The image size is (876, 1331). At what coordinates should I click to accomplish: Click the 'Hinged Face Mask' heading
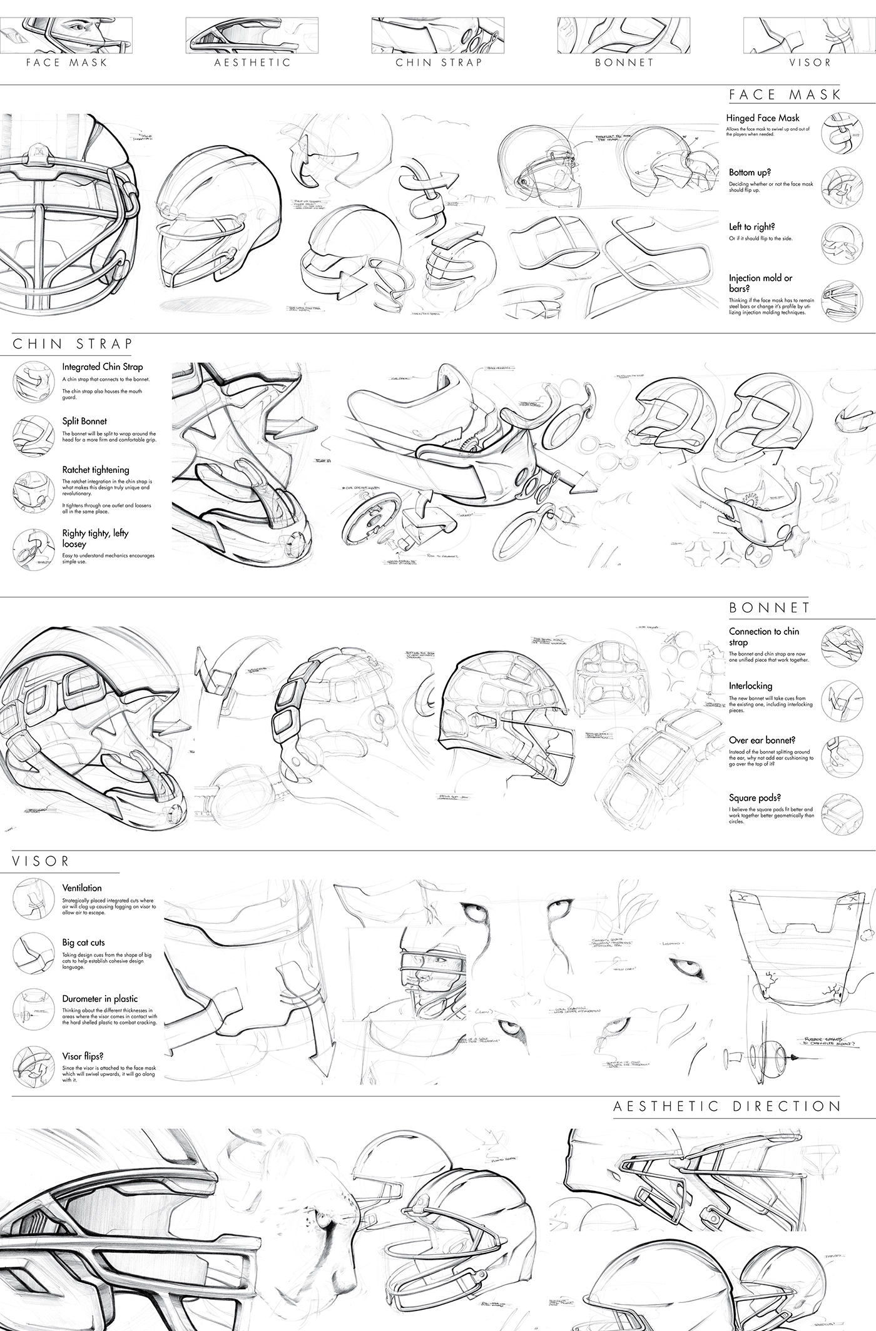click(763, 118)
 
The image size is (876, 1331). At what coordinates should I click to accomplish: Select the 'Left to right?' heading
click(751, 227)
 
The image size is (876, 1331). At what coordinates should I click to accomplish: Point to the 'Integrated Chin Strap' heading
click(103, 367)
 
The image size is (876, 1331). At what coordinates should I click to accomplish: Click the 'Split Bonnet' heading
click(84, 422)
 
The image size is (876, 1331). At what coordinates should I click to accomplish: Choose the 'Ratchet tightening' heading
click(96, 470)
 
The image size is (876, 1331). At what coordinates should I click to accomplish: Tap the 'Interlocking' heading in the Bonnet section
click(750, 686)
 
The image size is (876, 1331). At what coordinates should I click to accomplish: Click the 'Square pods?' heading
click(755, 797)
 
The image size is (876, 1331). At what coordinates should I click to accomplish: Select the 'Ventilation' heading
click(82, 888)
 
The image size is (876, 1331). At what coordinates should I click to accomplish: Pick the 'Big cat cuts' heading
click(83, 943)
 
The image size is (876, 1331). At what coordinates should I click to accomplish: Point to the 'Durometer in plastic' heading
click(100, 999)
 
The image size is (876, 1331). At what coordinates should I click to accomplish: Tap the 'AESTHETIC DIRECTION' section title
click(727, 1106)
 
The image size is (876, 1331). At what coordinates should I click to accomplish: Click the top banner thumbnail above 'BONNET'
click(624, 36)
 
